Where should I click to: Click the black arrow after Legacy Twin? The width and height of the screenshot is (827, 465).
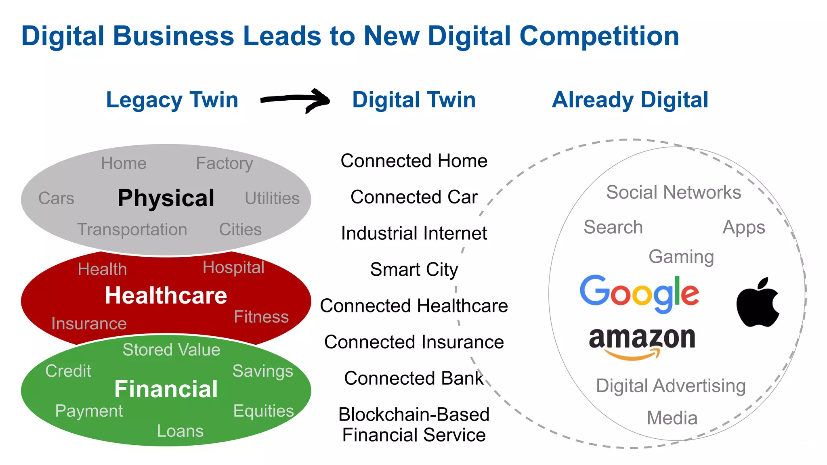point(296,100)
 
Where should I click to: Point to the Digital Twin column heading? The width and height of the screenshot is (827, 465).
point(413,100)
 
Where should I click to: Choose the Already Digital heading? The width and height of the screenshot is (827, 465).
point(630,100)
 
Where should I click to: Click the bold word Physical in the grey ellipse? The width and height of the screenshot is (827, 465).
point(166,198)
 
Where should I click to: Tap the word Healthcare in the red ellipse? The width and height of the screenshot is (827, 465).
point(166,295)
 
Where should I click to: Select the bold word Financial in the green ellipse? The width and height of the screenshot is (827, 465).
point(166,389)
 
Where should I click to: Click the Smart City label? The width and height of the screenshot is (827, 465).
point(414,269)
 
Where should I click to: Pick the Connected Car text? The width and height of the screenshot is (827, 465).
point(414,197)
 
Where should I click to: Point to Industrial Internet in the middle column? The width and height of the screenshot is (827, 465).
point(414,233)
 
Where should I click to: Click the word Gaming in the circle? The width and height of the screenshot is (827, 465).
point(681,257)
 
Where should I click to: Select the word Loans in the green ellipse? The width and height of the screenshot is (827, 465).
point(180,431)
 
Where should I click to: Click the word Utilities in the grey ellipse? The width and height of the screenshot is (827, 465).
point(272,198)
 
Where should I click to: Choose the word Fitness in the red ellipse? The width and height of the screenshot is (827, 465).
point(261,317)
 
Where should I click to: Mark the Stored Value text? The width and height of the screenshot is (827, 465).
point(171,350)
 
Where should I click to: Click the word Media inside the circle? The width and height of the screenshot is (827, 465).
point(672,418)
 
